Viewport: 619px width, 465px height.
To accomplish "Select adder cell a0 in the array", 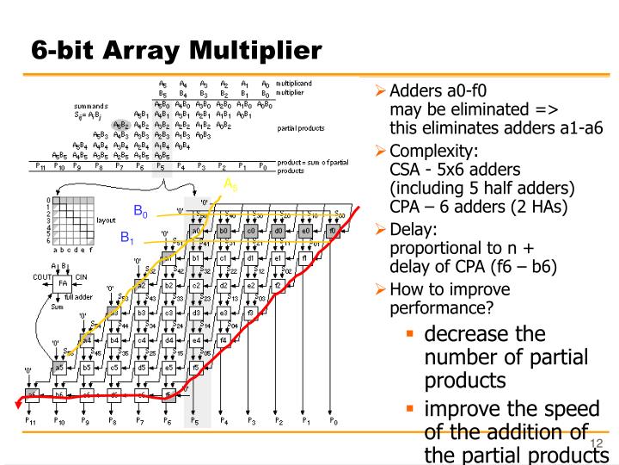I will (196, 232).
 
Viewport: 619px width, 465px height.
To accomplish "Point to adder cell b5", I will (87, 367).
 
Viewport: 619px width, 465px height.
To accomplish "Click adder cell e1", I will (278, 258).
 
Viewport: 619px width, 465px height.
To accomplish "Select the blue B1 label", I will (128, 238).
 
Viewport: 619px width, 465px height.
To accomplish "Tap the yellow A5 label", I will (230, 184).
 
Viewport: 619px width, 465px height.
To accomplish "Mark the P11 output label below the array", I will (31, 422).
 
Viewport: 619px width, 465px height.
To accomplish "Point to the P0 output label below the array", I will (334, 422).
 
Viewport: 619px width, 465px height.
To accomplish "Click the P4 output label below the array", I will (224, 422).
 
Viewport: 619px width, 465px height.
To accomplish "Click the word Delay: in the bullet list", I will (414, 229).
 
